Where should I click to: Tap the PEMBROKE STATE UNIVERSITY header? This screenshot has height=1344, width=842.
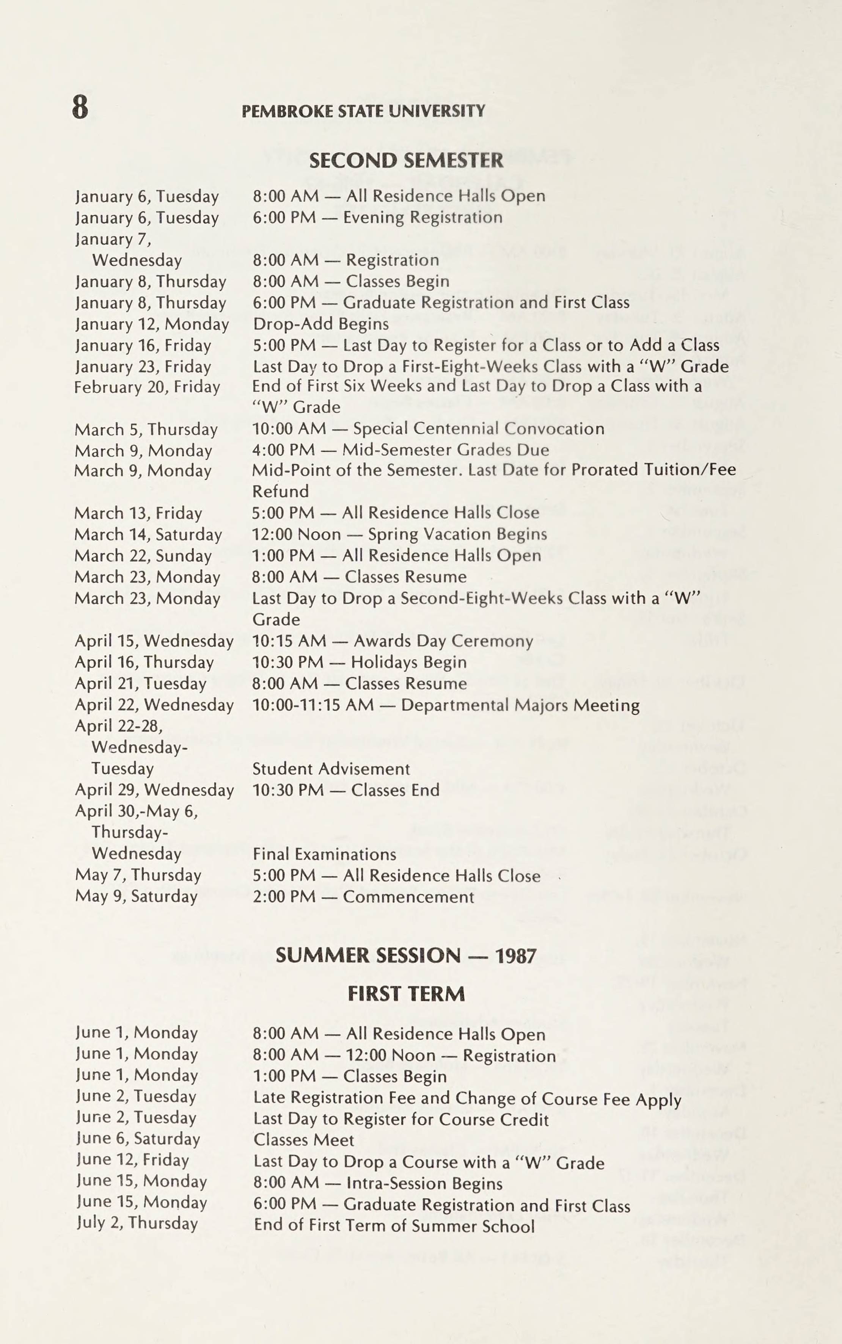click(363, 111)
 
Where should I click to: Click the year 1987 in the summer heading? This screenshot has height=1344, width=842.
click(516, 956)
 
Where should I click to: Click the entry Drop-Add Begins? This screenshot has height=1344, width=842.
click(321, 324)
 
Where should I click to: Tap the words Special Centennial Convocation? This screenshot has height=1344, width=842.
click(478, 429)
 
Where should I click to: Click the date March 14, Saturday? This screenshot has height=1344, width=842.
click(148, 534)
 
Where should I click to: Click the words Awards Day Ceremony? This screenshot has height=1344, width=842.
click(443, 641)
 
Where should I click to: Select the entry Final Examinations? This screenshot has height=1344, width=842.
click(324, 854)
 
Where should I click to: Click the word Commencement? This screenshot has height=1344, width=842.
click(408, 897)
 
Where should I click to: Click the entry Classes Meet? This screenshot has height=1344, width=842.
click(303, 1140)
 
